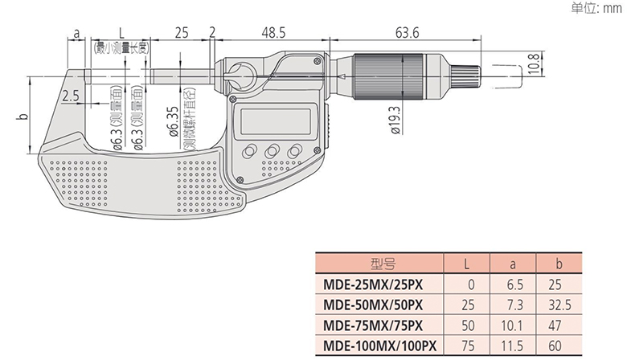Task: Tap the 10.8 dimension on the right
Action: coord(534,63)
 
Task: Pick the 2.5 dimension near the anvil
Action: coord(71,96)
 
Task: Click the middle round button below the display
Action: coord(272,152)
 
